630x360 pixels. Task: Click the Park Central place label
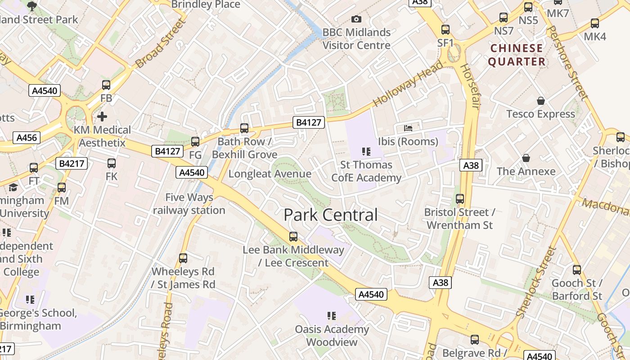pyautogui.click(x=330, y=215)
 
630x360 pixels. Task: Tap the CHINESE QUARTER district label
pyautogui.click(x=517, y=55)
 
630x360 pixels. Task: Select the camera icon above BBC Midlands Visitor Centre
pyautogui.click(x=356, y=19)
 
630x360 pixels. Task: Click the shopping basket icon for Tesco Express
pyautogui.click(x=541, y=101)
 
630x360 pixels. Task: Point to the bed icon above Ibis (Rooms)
pyautogui.click(x=408, y=128)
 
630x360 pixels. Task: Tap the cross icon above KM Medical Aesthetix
pyautogui.click(x=102, y=117)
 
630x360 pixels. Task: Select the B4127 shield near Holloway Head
pyautogui.click(x=309, y=122)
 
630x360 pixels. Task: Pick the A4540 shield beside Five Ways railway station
pyautogui.click(x=192, y=172)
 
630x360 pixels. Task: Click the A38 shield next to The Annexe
pyautogui.click(x=471, y=166)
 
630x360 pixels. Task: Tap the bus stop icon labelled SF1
pyautogui.click(x=445, y=30)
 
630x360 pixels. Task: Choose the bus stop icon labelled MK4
pyautogui.click(x=595, y=23)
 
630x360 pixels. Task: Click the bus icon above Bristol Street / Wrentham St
pyautogui.click(x=460, y=198)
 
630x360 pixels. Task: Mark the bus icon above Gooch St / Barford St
pyautogui.click(x=577, y=270)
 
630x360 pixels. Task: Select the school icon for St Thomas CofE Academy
pyautogui.click(x=366, y=152)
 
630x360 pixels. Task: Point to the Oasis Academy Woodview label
pyautogui.click(x=332, y=336)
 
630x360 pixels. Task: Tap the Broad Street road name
pyautogui.click(x=160, y=44)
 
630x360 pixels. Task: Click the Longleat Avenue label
pyautogui.click(x=270, y=174)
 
